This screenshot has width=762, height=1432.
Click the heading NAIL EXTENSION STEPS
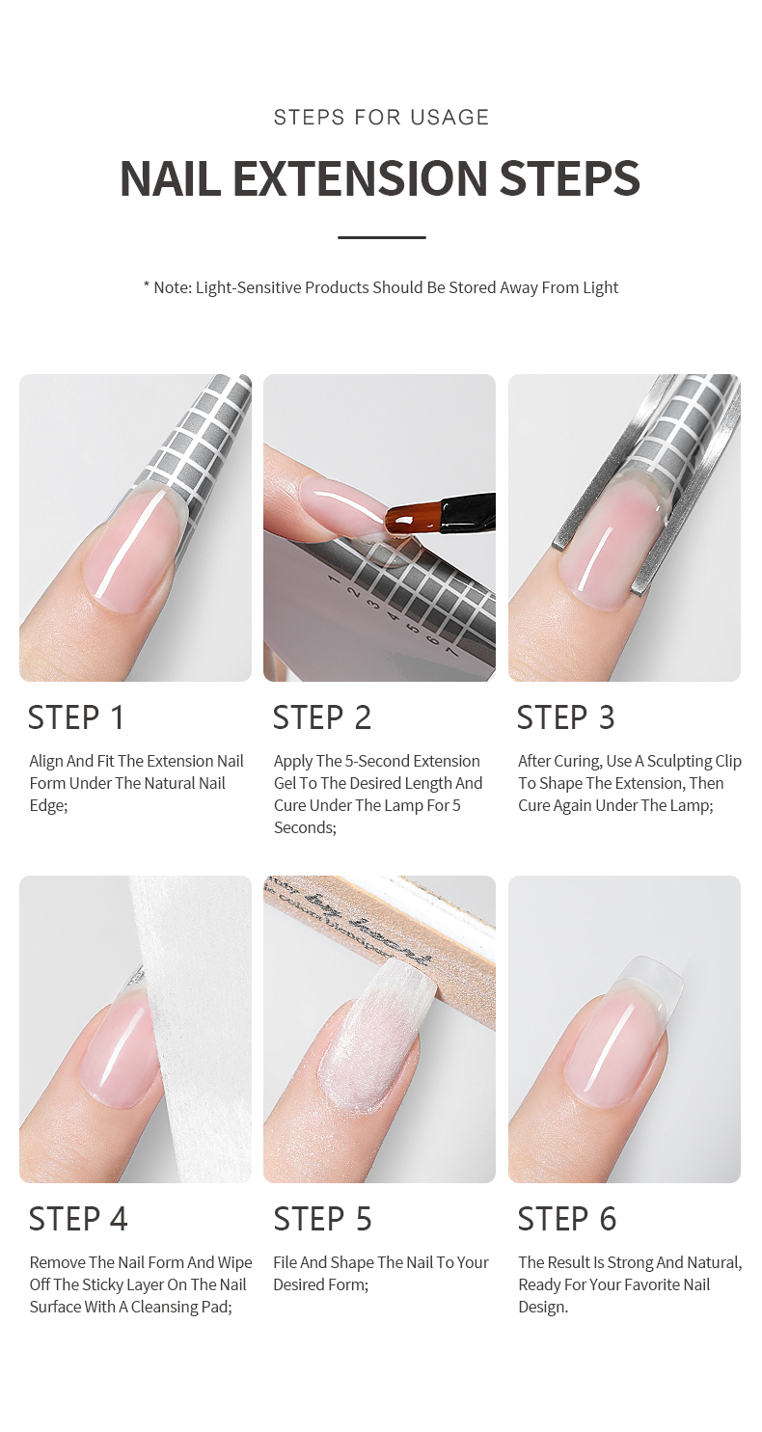coord(380,179)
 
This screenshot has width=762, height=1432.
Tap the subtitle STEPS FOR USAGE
coord(381,118)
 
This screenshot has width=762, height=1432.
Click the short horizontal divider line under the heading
coord(381,237)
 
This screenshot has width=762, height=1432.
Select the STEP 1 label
coord(77,717)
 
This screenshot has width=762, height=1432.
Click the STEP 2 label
coord(321,717)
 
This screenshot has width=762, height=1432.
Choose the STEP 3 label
coord(565,717)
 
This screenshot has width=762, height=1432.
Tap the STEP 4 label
coord(78,1219)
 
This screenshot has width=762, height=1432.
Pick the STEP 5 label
coord(322,1219)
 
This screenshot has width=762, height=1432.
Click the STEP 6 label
coord(567,1219)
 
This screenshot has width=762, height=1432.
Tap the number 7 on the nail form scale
coord(451,653)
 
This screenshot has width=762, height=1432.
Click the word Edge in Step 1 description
coord(47,805)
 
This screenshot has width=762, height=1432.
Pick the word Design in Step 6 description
coord(543,1307)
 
